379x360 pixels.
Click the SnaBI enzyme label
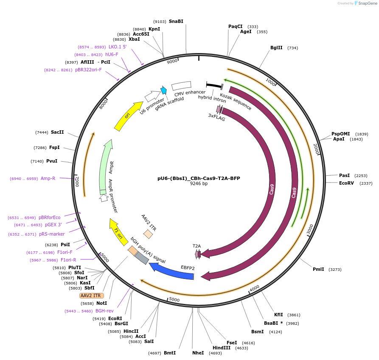click(x=176, y=21)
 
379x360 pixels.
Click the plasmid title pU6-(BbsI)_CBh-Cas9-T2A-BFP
click(x=199, y=178)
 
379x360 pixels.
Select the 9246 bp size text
click(x=199, y=184)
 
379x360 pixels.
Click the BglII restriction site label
click(x=276, y=48)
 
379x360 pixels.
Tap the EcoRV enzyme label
click(x=346, y=183)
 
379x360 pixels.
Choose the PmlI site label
click(x=318, y=269)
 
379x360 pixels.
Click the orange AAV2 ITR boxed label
click(x=91, y=295)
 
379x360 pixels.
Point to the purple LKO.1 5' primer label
click(x=118, y=47)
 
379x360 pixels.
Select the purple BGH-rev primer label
click(x=104, y=311)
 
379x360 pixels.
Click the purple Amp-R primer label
click(x=48, y=178)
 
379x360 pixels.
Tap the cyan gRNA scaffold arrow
click(x=163, y=90)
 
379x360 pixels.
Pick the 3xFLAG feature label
click(x=216, y=117)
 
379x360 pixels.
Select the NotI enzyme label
click(x=102, y=303)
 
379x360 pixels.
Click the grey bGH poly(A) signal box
click(x=141, y=258)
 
